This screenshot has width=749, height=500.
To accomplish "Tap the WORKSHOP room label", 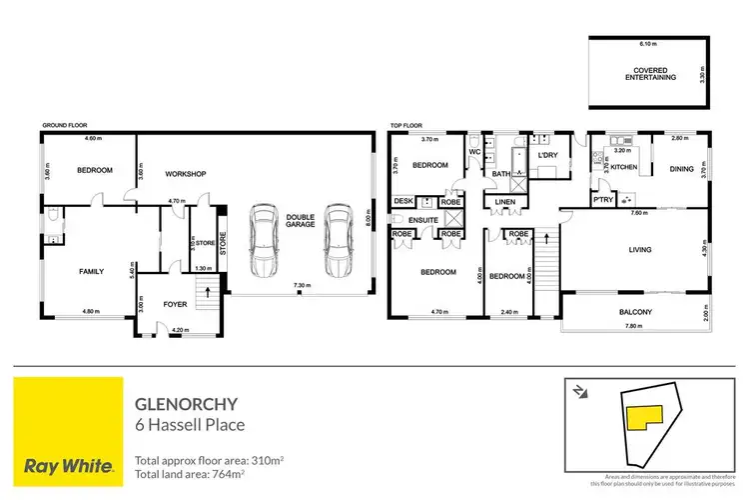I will [x=186, y=174].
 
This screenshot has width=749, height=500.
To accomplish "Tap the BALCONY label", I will [x=634, y=312].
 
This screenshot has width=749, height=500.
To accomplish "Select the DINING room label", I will [x=681, y=169].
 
